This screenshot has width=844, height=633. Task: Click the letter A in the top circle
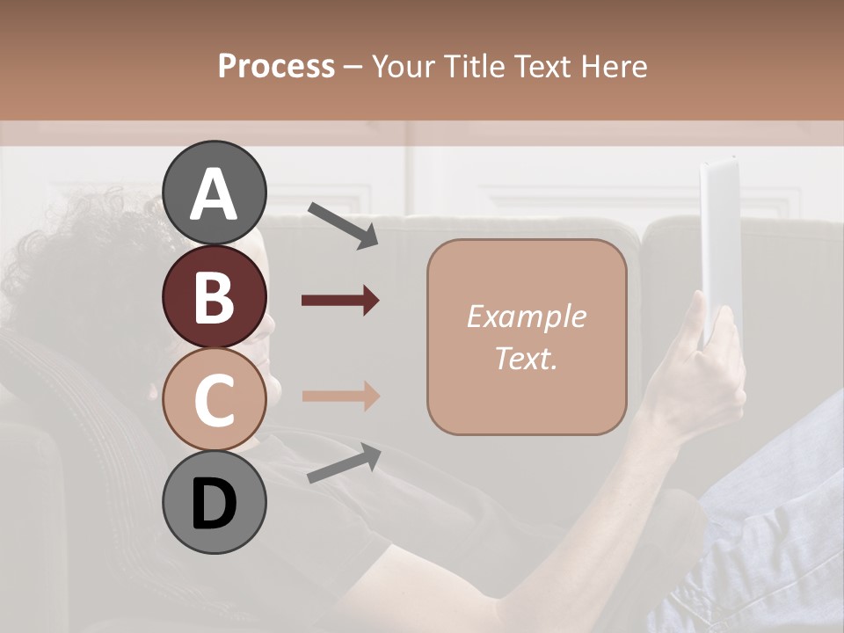pos(214,193)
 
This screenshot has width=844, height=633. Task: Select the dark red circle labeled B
pos(214,297)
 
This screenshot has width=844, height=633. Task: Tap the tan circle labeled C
pos(214,400)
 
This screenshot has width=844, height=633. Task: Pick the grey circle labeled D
pos(214,503)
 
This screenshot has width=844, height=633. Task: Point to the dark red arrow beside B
pos(340,301)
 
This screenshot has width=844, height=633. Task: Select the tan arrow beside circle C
pos(340,397)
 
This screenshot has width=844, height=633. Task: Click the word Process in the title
pos(276,66)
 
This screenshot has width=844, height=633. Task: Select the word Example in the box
pos(526,316)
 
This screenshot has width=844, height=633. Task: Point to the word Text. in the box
pos(526,359)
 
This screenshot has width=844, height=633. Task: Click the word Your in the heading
pos(403,66)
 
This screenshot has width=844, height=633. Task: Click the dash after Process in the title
pos(353,67)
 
